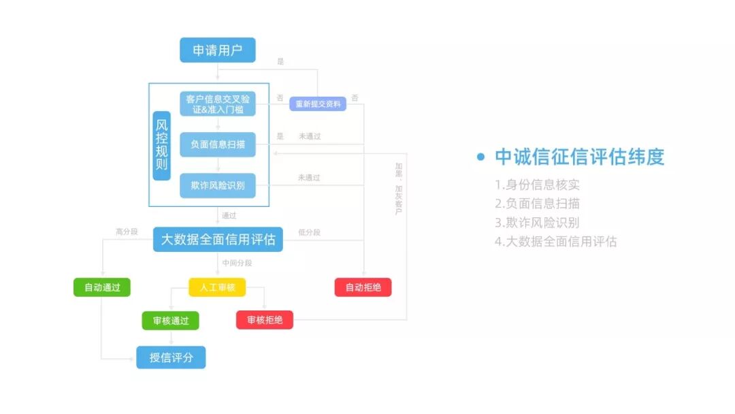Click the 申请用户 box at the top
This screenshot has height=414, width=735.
click(218, 50)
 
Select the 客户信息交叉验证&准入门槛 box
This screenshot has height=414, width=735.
click(218, 103)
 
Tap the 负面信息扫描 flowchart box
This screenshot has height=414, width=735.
click(218, 144)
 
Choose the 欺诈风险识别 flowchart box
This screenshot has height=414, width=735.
click(218, 185)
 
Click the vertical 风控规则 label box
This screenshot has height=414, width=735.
click(161, 146)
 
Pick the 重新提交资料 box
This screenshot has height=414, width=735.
click(318, 103)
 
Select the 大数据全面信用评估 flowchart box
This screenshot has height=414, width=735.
click(218, 240)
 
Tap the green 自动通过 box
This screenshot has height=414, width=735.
click(102, 287)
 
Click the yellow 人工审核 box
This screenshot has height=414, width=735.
click(217, 287)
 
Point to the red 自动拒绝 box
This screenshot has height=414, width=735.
click(363, 287)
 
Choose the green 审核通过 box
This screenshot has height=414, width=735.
click(171, 320)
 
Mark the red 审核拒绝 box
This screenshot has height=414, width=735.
click(265, 320)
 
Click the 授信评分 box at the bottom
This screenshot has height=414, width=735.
click(171, 357)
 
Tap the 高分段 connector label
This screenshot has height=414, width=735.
click(127, 232)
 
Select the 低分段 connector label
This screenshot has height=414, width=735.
click(309, 232)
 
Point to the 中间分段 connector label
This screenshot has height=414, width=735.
click(237, 263)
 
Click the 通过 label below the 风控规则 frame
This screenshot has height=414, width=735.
click(229, 216)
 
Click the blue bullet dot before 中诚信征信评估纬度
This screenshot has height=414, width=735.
click(481, 157)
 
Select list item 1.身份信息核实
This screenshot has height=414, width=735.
click(538, 185)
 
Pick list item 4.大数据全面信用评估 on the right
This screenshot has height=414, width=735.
click(556, 241)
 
